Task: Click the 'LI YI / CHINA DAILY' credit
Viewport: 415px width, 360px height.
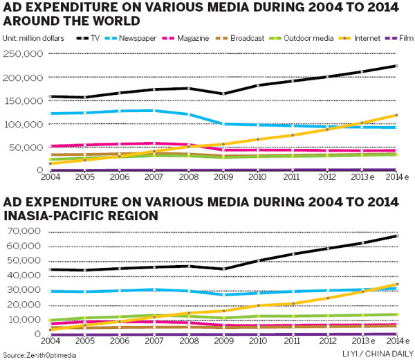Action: [x=377, y=354]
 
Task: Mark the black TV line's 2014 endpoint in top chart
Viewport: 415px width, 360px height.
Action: [x=396, y=66]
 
